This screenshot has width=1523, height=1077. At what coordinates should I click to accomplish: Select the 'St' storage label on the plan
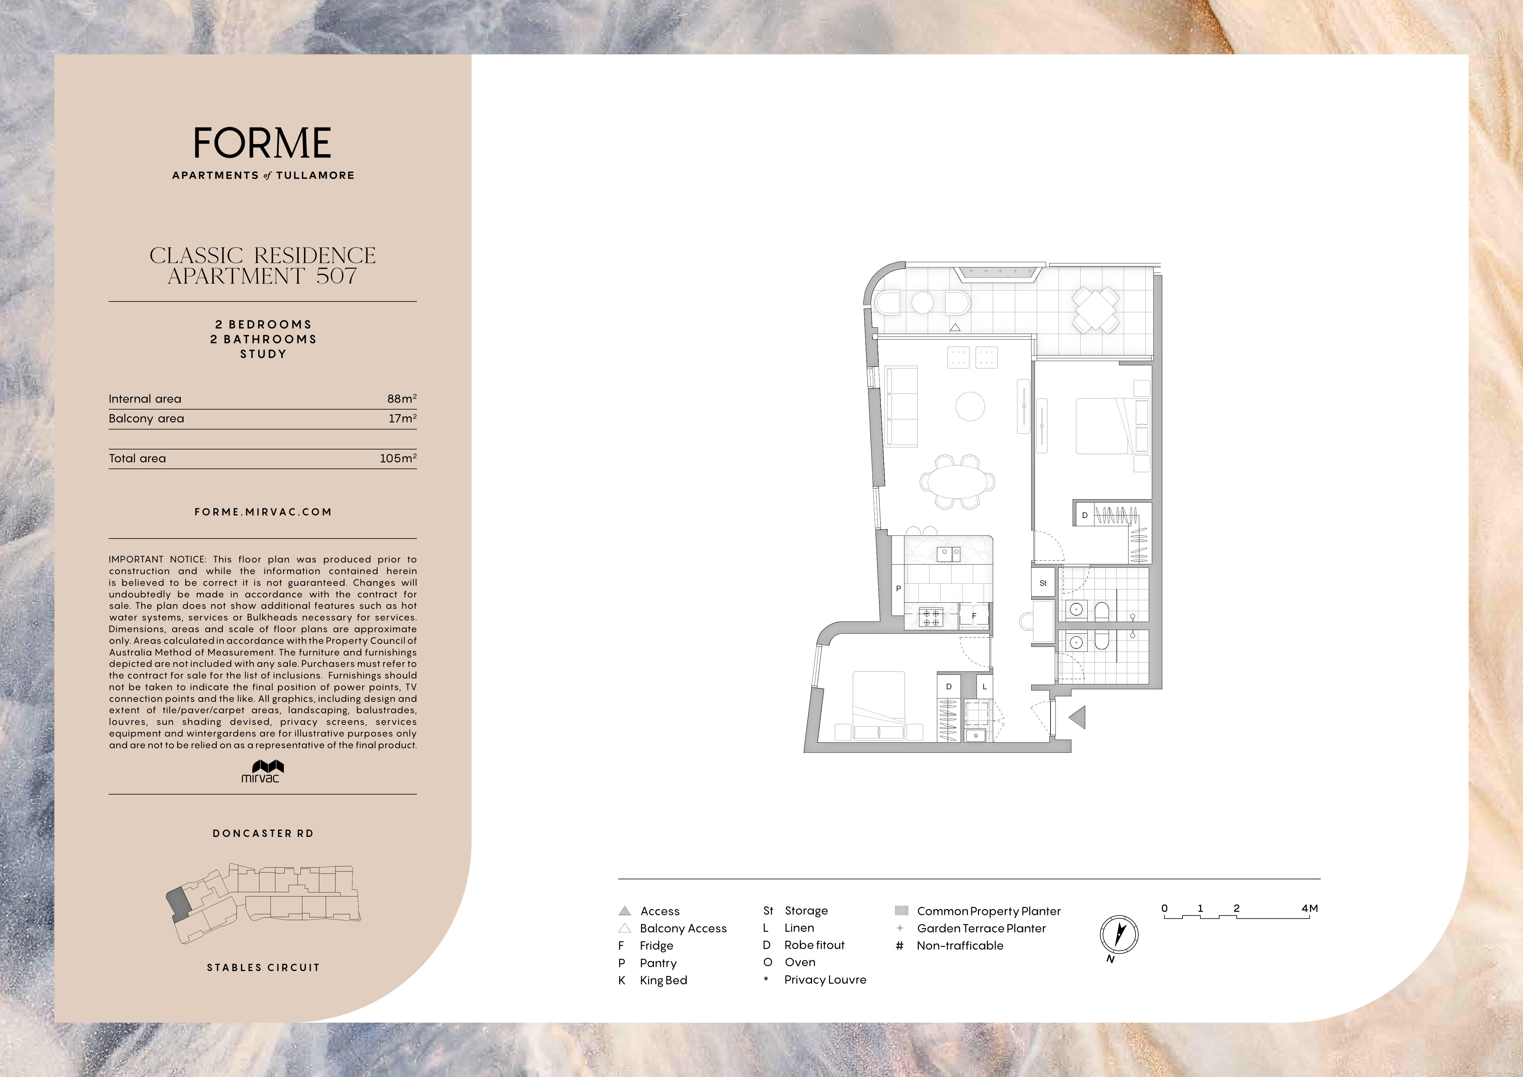[x=1043, y=583]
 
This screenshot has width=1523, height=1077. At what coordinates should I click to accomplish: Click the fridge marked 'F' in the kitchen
[x=974, y=616]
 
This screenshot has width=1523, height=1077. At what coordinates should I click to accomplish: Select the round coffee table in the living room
[x=970, y=406]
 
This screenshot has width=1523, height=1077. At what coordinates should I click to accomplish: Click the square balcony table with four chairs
[x=1097, y=309]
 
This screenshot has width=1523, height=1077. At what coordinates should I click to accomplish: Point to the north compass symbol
[x=1119, y=935]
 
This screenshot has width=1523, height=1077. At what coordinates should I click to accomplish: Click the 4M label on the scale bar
[x=1309, y=908]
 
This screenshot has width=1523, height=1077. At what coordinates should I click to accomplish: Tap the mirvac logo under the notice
[x=263, y=771]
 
